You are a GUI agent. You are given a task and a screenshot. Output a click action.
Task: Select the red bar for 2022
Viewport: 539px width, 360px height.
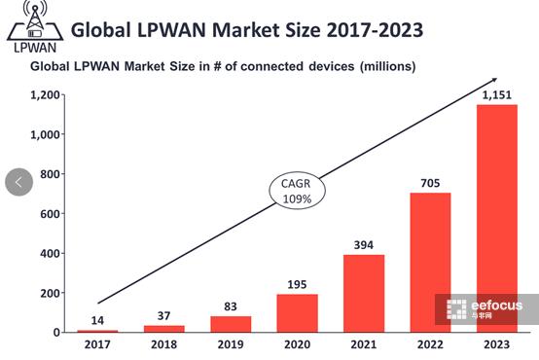pyautogui.click(x=429, y=262)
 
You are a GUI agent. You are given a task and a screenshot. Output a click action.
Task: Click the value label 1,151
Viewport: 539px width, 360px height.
pyautogui.click(x=496, y=94)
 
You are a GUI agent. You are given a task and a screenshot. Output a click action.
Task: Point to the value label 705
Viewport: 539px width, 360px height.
pyautogui.click(x=429, y=183)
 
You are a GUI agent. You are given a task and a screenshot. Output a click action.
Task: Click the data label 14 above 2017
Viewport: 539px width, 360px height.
pyautogui.click(x=96, y=320)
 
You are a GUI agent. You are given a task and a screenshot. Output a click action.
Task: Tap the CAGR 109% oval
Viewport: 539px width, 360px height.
pyautogui.click(x=297, y=192)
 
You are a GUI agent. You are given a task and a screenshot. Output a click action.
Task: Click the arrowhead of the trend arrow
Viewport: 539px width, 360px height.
pyautogui.click(x=493, y=80)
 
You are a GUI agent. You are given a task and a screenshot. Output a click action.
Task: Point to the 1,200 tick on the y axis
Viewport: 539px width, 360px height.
pyautogui.click(x=46, y=95)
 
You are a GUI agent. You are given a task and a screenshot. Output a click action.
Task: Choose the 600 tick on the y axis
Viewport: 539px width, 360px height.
pyautogui.click(x=49, y=214)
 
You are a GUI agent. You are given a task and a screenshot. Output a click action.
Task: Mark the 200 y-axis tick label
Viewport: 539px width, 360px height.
pyautogui.click(x=49, y=293)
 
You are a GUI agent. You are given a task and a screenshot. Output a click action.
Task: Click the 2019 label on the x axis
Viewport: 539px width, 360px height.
pyautogui.click(x=230, y=344)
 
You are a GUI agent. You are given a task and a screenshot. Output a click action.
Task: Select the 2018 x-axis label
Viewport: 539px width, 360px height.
pyautogui.click(x=162, y=344)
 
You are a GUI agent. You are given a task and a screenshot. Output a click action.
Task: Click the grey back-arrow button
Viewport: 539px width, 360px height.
pyautogui.click(x=18, y=182)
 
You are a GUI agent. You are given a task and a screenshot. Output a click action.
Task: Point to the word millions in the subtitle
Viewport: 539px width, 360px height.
pyautogui.click(x=387, y=67)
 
